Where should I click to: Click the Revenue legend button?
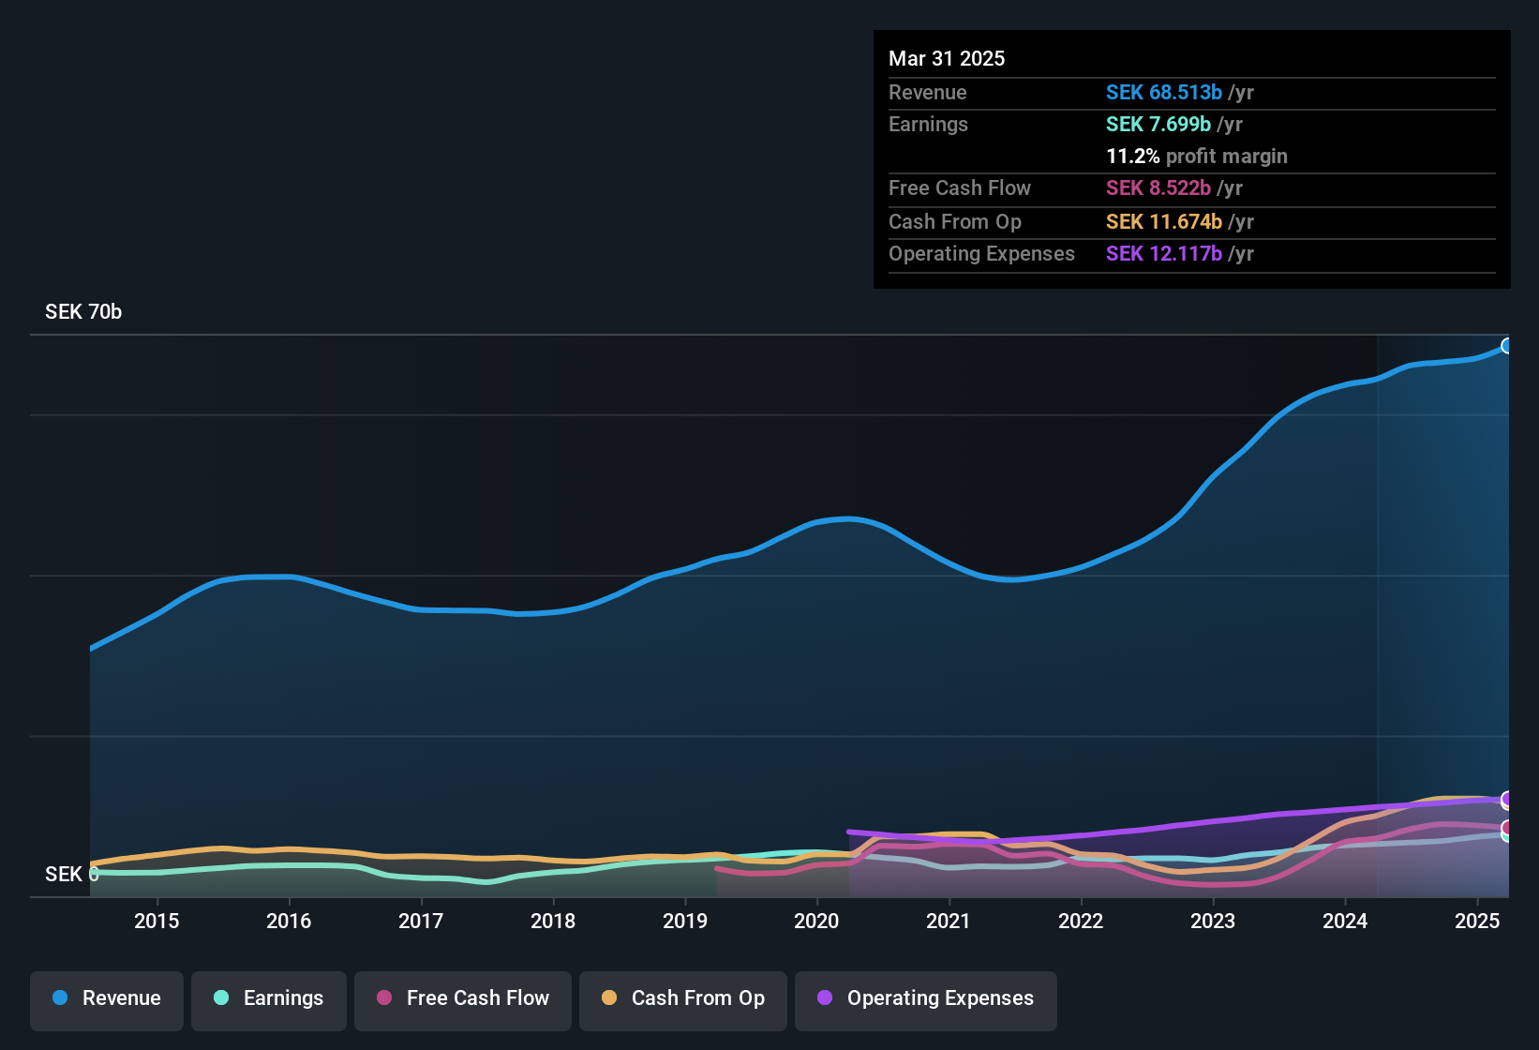click(x=107, y=998)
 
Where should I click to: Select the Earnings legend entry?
click(x=269, y=998)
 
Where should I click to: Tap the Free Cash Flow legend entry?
click(x=463, y=998)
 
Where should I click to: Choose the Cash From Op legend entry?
click(x=683, y=998)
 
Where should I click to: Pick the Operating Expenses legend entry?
click(x=926, y=998)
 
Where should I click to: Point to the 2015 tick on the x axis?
click(x=157, y=921)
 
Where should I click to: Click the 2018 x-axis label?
click(x=553, y=921)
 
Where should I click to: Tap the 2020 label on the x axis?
click(x=816, y=921)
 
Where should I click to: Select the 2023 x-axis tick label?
click(x=1213, y=921)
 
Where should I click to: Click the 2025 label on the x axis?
click(x=1477, y=921)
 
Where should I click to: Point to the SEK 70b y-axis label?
click(x=83, y=312)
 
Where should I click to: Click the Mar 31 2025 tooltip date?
click(x=947, y=58)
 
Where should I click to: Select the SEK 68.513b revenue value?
click(x=1164, y=92)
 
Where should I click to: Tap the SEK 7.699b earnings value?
click(x=1158, y=124)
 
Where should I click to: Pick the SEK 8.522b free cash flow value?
click(x=1158, y=187)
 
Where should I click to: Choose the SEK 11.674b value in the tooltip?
click(x=1164, y=221)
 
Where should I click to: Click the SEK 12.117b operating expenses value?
click(x=1164, y=253)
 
